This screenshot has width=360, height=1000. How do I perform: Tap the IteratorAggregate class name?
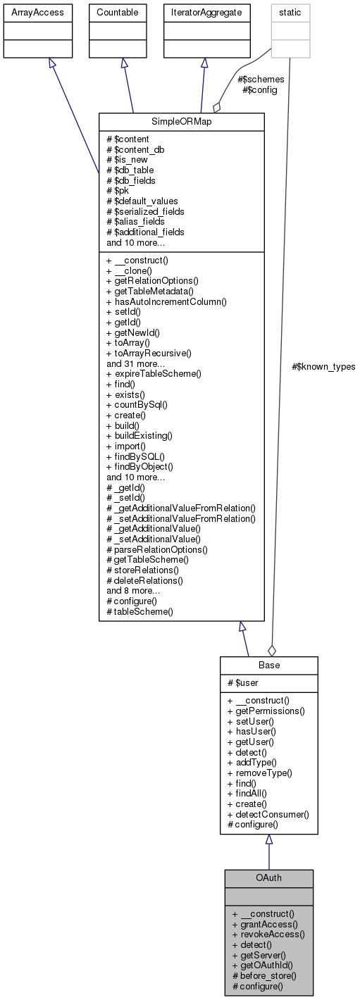(204, 12)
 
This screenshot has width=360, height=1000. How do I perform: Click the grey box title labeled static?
(291, 12)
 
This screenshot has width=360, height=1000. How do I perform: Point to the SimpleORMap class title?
(181, 120)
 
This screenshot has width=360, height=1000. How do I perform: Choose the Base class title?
(268, 665)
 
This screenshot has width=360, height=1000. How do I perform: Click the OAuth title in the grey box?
(268, 878)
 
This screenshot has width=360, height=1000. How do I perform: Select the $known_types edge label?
(323, 366)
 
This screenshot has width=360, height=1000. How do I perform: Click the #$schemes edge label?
(262, 80)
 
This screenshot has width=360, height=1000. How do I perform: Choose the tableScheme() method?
(142, 612)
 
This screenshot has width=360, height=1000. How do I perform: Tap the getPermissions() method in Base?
(266, 711)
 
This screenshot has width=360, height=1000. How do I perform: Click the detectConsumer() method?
(268, 814)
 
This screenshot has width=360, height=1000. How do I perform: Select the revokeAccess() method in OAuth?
(268, 935)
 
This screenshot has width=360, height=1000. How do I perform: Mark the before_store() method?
(264, 976)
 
